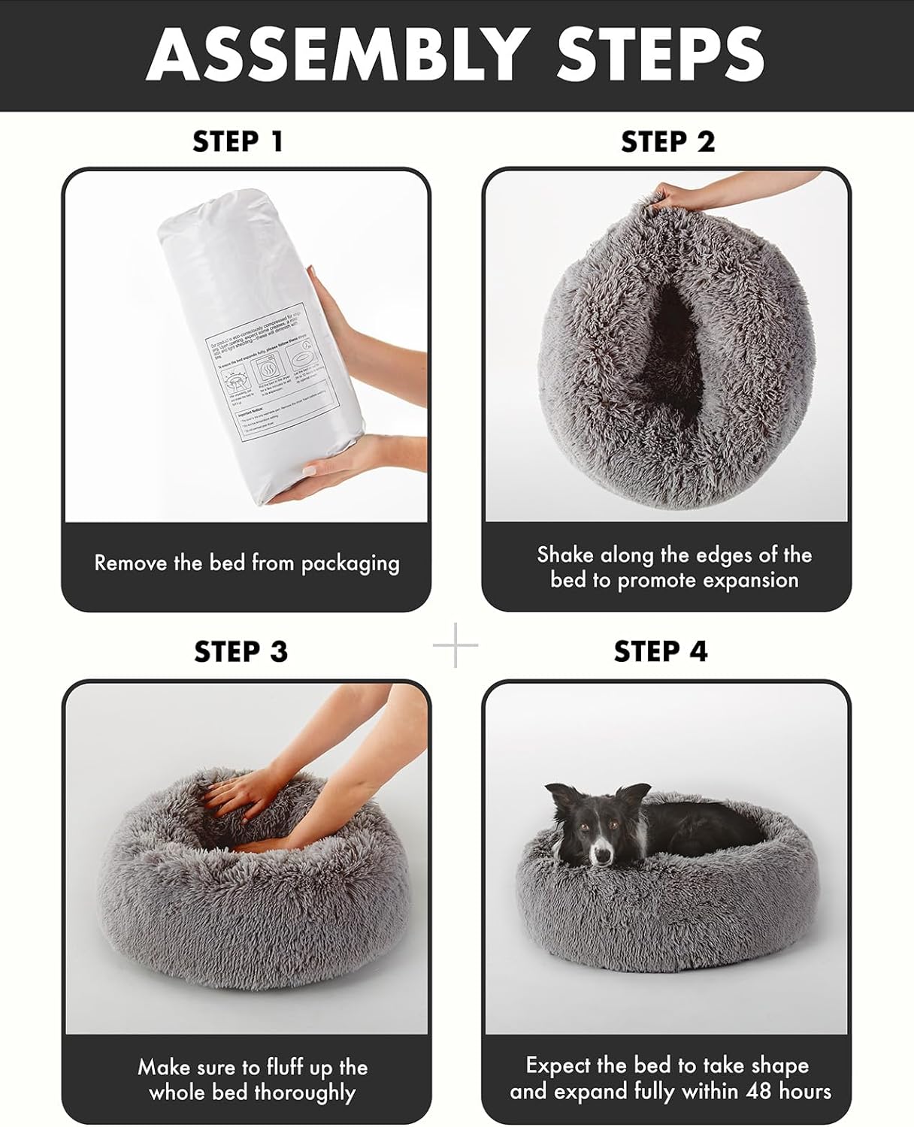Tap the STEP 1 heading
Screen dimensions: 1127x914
pos(238,141)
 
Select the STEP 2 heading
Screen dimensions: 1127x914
pos(667,141)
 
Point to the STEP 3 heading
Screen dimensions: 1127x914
pos(241,651)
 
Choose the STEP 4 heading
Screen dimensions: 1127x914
pos(661,651)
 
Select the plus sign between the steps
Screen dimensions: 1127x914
pos(455,645)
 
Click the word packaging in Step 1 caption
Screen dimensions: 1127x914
pos(350,563)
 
